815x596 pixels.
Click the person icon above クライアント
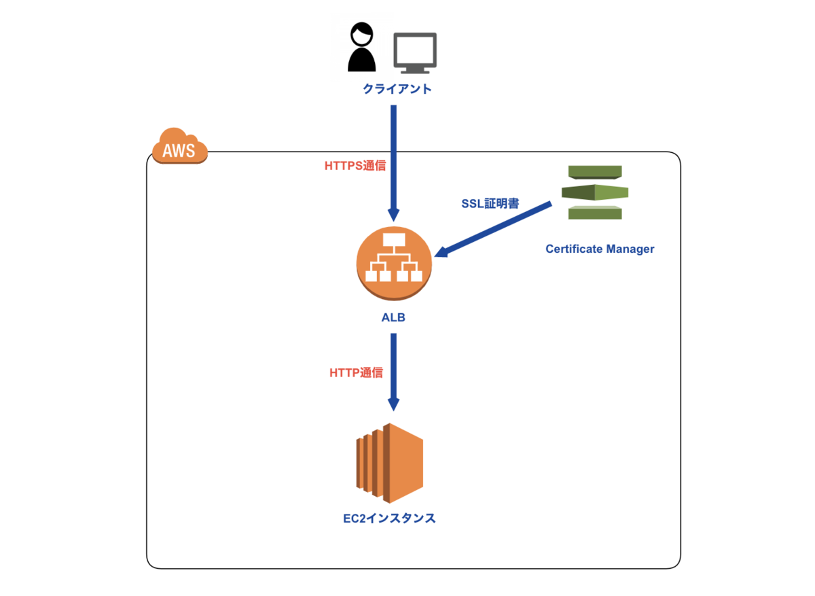[361, 49]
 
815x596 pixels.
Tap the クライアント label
[397, 89]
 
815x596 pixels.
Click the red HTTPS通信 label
[355, 165]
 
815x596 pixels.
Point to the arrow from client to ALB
[393, 163]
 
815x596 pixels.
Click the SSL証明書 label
[490, 203]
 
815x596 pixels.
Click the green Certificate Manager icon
[594, 192]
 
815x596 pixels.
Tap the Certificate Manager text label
[600, 249]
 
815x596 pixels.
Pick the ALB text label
[393, 317]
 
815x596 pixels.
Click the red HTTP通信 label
[357, 372]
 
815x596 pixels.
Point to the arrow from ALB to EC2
[393, 370]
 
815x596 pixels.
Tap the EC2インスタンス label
[389, 519]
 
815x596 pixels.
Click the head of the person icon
[361, 34]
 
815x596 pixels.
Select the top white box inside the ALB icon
[393, 240]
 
